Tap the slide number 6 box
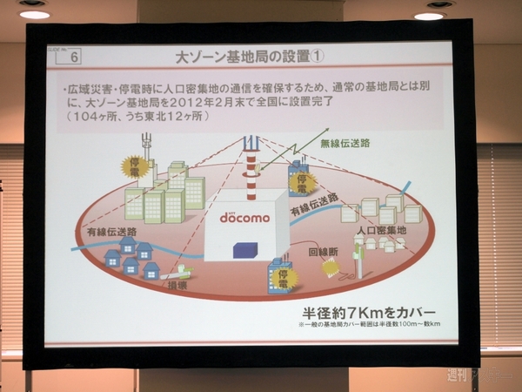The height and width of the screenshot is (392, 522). pos(75,58)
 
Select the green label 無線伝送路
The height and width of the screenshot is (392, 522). pos(344,145)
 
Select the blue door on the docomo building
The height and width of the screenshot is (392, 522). pos(241,249)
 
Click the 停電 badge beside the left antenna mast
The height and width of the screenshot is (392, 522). pos(134,165)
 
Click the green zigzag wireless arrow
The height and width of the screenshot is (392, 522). pos(285,150)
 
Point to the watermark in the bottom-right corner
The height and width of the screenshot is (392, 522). pos(480,376)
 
